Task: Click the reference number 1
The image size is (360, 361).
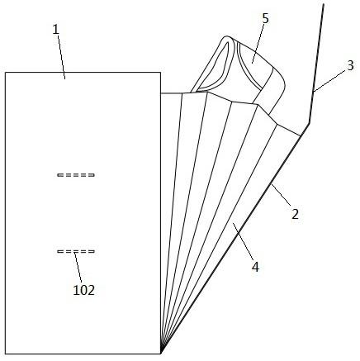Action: tap(56, 30)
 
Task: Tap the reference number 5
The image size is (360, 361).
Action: tap(265, 18)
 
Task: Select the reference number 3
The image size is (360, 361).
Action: tap(350, 65)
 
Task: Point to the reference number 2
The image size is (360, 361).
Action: tap(295, 214)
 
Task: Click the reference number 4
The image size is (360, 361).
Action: tap(256, 267)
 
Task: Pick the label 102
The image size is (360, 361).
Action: tap(84, 290)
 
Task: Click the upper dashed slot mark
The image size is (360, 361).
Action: tap(76, 175)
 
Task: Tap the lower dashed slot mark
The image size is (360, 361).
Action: tap(76, 251)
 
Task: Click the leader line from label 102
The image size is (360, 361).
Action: tap(78, 267)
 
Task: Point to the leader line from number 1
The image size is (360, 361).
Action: tap(61, 57)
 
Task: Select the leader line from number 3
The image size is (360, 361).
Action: tap(329, 81)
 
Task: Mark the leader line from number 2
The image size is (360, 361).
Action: tap(281, 195)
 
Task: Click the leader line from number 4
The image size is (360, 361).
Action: tap(243, 240)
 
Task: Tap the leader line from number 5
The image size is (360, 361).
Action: tap(258, 44)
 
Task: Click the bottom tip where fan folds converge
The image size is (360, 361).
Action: tap(161, 354)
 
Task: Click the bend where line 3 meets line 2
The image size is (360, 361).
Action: tap(309, 123)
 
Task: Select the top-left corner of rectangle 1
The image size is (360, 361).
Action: tap(6, 73)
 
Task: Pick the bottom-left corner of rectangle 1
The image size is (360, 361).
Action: tap(6, 354)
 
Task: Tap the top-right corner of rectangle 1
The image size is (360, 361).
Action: tap(160, 73)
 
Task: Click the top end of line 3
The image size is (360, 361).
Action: tap(323, 4)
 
